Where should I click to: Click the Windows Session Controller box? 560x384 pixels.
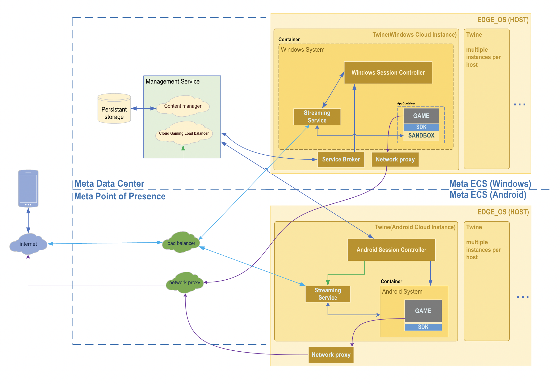[x=388, y=73]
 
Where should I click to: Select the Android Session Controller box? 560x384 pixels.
[x=391, y=250]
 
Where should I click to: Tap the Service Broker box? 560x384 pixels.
[x=341, y=159]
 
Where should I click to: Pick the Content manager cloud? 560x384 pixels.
[x=183, y=106]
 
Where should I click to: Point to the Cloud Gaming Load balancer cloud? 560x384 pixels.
[x=184, y=133]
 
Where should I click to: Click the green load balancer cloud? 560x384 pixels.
[x=181, y=243]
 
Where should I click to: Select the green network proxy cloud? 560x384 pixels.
[x=184, y=282]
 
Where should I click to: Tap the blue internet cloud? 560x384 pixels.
[x=28, y=244]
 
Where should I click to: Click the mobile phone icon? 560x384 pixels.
[x=28, y=188]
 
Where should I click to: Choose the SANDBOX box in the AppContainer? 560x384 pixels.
[x=421, y=135]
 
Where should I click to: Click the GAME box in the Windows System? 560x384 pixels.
[x=421, y=116]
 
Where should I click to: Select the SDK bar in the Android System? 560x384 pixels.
[x=423, y=327]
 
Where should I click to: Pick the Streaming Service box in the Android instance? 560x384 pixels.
[x=328, y=294]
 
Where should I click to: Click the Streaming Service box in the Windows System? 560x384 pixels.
[x=317, y=117]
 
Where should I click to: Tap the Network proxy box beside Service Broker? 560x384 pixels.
[x=395, y=159]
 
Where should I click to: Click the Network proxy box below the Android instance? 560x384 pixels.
[x=331, y=355]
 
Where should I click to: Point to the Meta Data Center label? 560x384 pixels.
[x=109, y=184]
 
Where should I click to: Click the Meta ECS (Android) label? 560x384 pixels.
[x=488, y=195]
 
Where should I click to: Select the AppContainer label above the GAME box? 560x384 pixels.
[x=406, y=103]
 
